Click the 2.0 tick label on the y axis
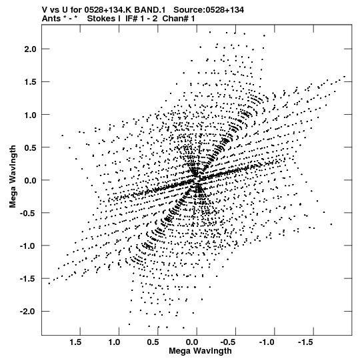[x=31, y=49]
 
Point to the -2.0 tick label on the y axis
[x=28, y=312]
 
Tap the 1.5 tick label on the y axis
[x=31, y=82]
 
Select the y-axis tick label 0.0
[x=31, y=180]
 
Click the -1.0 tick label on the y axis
[x=28, y=246]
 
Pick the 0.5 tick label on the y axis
[x=31, y=147]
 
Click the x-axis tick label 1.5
[x=76, y=342]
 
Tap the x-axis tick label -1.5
[x=305, y=342]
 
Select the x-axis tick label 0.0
[x=192, y=342]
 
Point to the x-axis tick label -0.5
[x=227, y=342]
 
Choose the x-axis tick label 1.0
[x=115, y=342]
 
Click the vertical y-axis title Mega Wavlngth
[x=13, y=177]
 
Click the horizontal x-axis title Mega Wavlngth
[x=200, y=351]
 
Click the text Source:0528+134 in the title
[x=209, y=10]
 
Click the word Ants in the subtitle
[x=51, y=19]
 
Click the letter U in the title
[x=65, y=10]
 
